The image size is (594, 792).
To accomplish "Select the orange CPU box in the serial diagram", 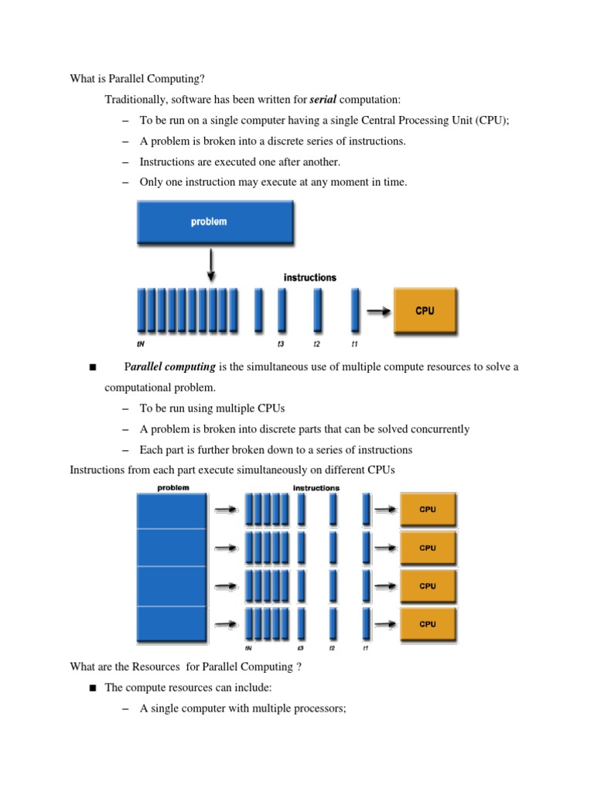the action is (425, 311).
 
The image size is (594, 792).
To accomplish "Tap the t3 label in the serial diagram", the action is (282, 344).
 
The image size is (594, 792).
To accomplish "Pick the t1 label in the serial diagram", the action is (355, 344).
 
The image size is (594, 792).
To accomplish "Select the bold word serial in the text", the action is (323, 100).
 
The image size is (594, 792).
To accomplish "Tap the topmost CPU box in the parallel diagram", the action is (428, 510).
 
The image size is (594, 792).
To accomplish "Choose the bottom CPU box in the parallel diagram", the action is (428, 623).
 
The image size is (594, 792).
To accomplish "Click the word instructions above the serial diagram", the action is (310, 277).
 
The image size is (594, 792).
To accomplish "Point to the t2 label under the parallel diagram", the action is (332, 648).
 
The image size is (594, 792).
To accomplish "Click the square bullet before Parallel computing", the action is (93, 367).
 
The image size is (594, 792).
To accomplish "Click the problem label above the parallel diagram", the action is (172, 488).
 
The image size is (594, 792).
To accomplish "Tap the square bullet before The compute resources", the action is (93, 687).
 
